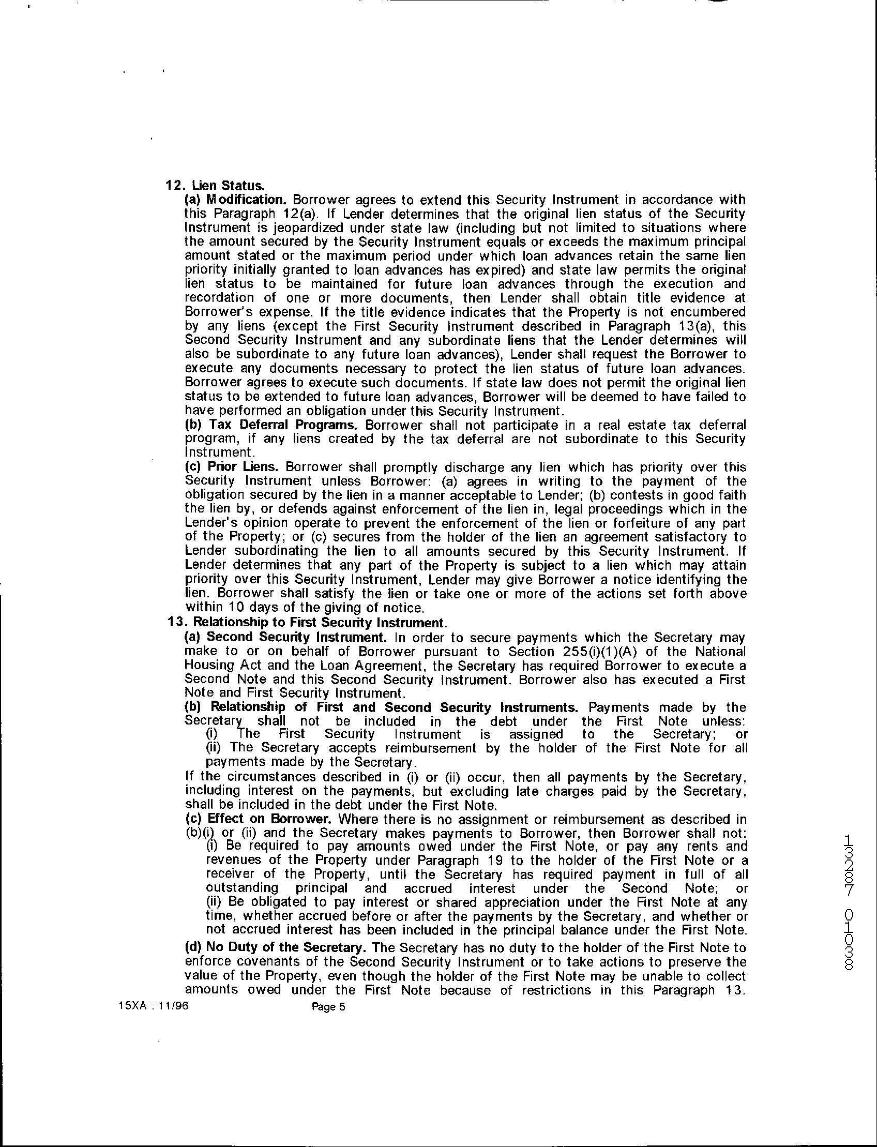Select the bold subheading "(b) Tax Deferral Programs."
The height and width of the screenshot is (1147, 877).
pos(271,425)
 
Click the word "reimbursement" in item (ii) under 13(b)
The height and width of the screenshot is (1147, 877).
pos(424,748)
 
